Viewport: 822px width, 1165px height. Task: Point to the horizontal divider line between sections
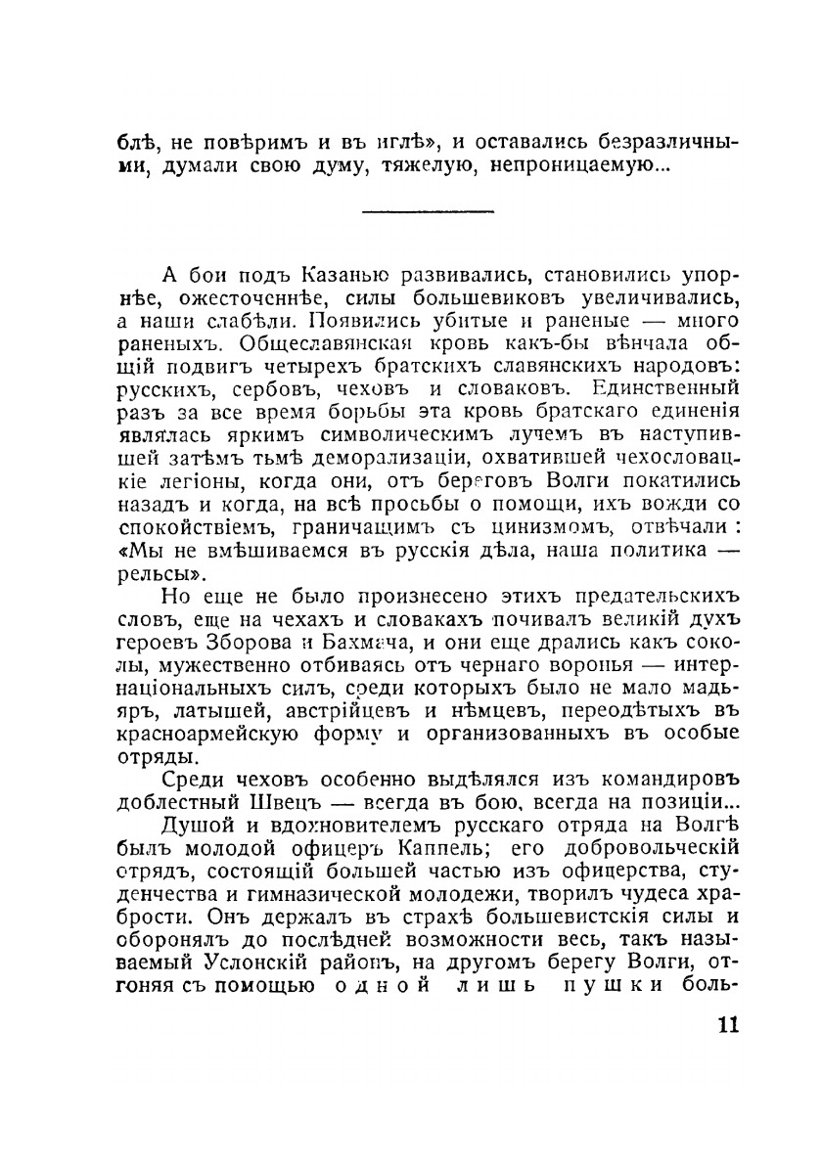click(428, 209)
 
